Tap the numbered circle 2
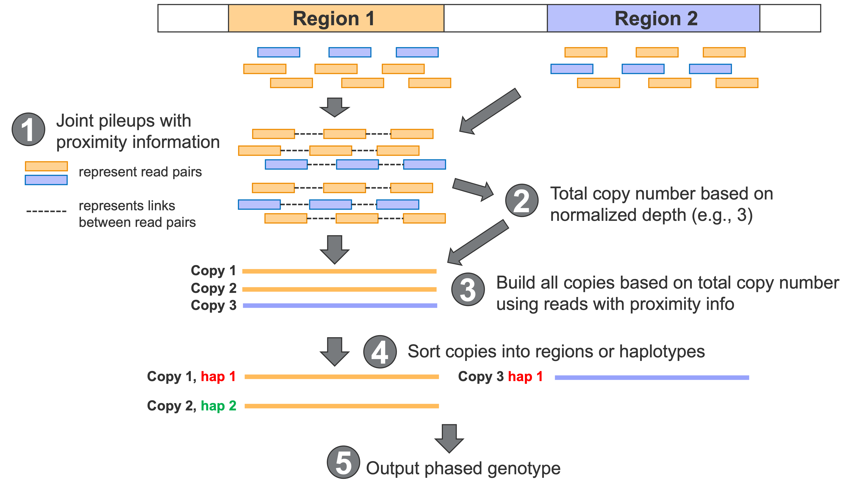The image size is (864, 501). pyautogui.click(x=521, y=201)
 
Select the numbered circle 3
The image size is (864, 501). pyautogui.click(x=468, y=290)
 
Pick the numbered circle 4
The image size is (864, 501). pyautogui.click(x=380, y=352)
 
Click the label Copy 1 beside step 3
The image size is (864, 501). pyautogui.click(x=213, y=271)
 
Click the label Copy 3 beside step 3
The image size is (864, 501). pyautogui.click(x=213, y=305)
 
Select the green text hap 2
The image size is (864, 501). pyautogui.click(x=218, y=406)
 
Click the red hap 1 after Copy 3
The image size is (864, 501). pyautogui.click(x=525, y=377)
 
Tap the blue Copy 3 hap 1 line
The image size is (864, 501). pyautogui.click(x=652, y=378)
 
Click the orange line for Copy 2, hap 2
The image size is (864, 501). pyautogui.click(x=342, y=406)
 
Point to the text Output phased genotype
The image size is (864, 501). pyautogui.click(x=463, y=468)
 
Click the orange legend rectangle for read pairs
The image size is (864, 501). pyautogui.click(x=46, y=166)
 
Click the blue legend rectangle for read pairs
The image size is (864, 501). pyautogui.click(x=46, y=180)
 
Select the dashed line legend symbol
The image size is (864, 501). pyautogui.click(x=46, y=211)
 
